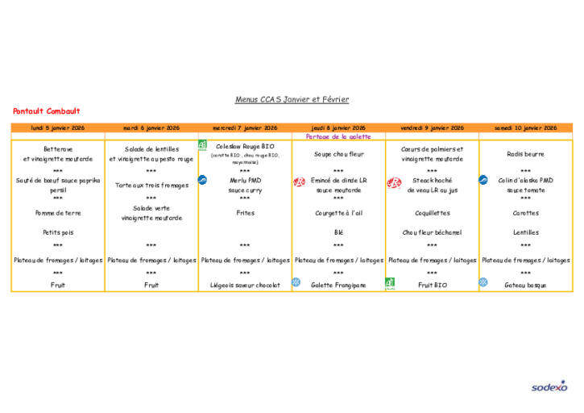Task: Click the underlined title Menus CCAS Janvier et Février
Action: pyautogui.click(x=292, y=100)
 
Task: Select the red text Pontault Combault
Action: pyautogui.click(x=47, y=111)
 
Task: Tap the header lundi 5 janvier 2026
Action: pyautogui.click(x=57, y=127)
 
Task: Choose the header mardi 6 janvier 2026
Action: pyautogui.click(x=151, y=127)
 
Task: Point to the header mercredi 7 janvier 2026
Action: pyautogui.click(x=245, y=127)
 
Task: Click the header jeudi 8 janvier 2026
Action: pyautogui.click(x=338, y=127)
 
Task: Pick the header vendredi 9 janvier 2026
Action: pyautogui.click(x=433, y=127)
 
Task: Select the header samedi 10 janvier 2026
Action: pyautogui.click(x=525, y=127)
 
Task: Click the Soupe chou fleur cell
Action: pyautogui.click(x=338, y=154)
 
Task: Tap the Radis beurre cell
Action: pyautogui.click(x=525, y=154)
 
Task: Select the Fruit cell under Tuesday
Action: pyautogui.click(x=151, y=285)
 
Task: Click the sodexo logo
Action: pyautogui.click(x=549, y=387)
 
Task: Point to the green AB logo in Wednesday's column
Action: pyautogui.click(x=203, y=145)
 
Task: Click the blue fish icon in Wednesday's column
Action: pyautogui.click(x=202, y=180)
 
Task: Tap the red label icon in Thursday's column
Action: pyautogui.click(x=299, y=182)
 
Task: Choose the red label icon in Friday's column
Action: pyautogui.click(x=394, y=183)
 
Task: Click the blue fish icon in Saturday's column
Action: pyautogui.click(x=483, y=180)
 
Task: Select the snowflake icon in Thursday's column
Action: pyautogui.click(x=296, y=282)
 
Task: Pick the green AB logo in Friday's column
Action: pyautogui.click(x=390, y=283)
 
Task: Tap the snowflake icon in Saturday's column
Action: pyautogui.click(x=483, y=282)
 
